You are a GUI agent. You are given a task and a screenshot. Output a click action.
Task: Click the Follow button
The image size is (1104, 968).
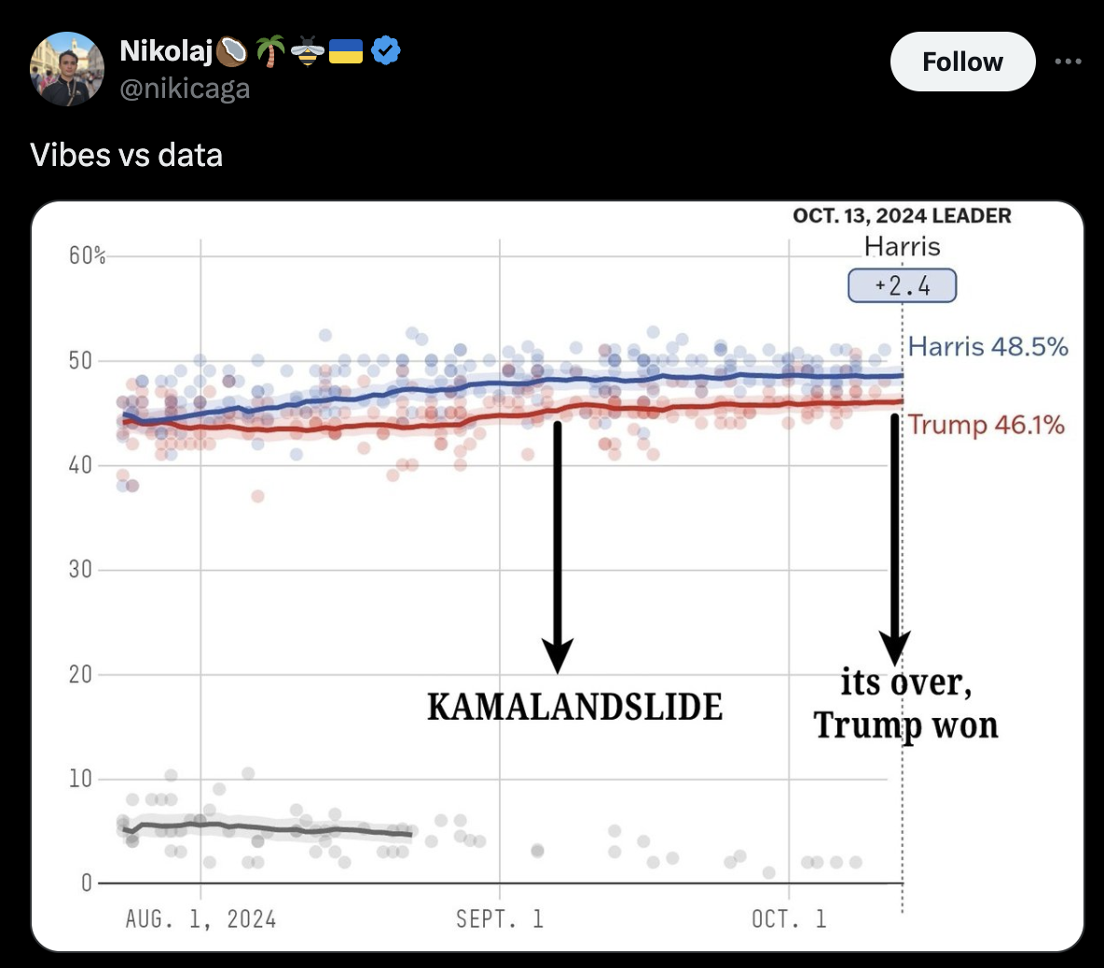click(x=962, y=62)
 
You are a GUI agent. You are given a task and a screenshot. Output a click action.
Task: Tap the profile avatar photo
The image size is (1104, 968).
click(x=66, y=69)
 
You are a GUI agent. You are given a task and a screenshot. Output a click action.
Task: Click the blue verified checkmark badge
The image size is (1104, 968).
click(x=386, y=50)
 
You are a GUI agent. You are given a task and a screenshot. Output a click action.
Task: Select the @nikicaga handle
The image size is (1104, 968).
click(x=185, y=89)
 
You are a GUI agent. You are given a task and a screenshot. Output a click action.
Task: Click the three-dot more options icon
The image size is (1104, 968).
click(x=1068, y=62)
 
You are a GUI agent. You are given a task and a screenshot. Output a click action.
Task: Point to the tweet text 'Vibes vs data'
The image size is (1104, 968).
click(x=127, y=155)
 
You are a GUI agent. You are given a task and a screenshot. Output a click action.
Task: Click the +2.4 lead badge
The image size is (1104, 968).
click(x=902, y=285)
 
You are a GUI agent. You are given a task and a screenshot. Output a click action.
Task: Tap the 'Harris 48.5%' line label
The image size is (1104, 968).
click(x=987, y=347)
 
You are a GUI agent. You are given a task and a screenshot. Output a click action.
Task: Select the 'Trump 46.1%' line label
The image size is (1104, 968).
click(x=987, y=425)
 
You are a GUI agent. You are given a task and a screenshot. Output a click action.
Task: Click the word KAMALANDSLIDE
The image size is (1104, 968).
click(x=574, y=707)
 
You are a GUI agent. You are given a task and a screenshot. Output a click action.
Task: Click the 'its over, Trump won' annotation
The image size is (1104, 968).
click(x=905, y=704)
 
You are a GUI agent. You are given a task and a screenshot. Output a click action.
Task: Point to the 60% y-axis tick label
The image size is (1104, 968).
click(x=87, y=256)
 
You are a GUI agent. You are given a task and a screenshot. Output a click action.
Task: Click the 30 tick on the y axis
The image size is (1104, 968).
click(x=80, y=570)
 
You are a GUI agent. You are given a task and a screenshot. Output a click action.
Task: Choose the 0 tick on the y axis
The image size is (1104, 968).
click(x=86, y=882)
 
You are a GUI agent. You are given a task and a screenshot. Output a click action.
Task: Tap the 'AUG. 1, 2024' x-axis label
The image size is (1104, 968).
click(x=200, y=920)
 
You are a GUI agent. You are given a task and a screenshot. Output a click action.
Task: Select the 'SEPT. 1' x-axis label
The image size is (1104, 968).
click(x=499, y=920)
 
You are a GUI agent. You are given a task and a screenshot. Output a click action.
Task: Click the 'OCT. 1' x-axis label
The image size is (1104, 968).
click(x=789, y=920)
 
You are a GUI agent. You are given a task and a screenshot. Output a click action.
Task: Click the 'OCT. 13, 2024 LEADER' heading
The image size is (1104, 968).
click(x=902, y=216)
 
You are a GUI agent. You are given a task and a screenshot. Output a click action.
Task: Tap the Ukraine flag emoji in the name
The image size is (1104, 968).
click(x=346, y=50)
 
